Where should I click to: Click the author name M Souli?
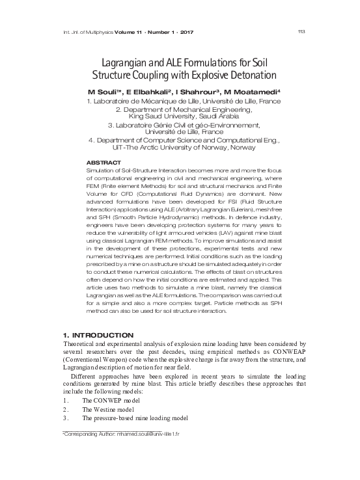(x=105, y=92)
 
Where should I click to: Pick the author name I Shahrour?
(x=198, y=92)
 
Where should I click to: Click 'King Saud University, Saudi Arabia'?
(x=180, y=116)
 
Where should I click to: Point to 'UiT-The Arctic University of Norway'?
(x=180, y=148)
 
